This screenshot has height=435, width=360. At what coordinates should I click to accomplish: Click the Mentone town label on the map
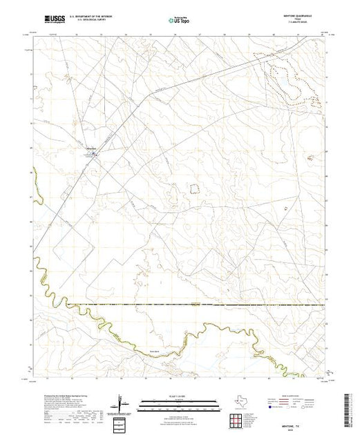(91, 148)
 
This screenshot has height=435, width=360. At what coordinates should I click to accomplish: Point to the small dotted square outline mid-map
(195, 187)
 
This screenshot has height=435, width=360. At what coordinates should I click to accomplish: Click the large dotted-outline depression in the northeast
(291, 79)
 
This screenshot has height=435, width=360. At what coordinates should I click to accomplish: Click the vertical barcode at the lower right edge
(354, 407)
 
